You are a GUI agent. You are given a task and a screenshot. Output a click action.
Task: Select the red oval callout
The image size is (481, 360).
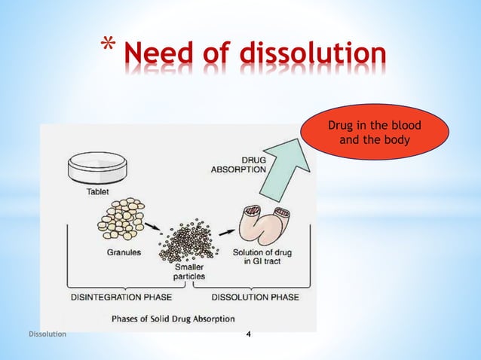click(375, 133)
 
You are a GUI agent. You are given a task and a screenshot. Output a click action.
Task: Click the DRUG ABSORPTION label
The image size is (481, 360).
click(239, 164)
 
